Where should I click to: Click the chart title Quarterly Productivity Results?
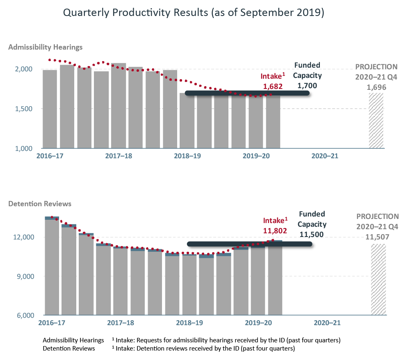click(194, 13)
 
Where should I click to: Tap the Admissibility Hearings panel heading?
click(45, 47)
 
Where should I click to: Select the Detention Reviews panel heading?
click(40, 204)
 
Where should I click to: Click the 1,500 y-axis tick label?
click(24, 109)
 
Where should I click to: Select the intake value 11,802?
click(275, 231)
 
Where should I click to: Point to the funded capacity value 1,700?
click(307, 86)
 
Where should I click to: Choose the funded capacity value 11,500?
click(312, 235)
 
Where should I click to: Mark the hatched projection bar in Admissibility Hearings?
click(376, 121)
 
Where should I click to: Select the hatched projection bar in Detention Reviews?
click(378, 280)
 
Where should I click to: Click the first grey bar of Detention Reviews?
click(52, 267)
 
